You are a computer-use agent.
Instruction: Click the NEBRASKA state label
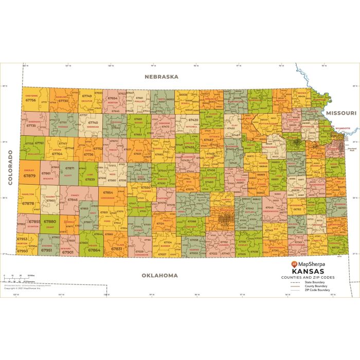tap(161, 77)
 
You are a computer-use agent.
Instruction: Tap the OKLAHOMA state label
tap(160, 275)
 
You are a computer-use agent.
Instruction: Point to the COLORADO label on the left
tap(10, 167)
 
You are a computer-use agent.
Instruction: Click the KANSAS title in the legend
tap(308, 271)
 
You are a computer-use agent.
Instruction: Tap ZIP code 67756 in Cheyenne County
tap(30, 100)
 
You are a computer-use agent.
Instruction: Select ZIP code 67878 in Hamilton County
tap(28, 203)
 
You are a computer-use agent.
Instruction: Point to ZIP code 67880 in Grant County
tap(49, 222)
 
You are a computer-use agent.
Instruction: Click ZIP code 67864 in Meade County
tap(94, 250)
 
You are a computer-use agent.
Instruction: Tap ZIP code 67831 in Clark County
tap(117, 248)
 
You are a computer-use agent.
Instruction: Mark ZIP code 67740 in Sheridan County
tap(93, 122)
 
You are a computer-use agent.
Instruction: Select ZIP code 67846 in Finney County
tap(73, 199)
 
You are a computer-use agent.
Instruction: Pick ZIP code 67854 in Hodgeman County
tap(109, 192)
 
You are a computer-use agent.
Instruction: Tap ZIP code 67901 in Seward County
tap(67, 252)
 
